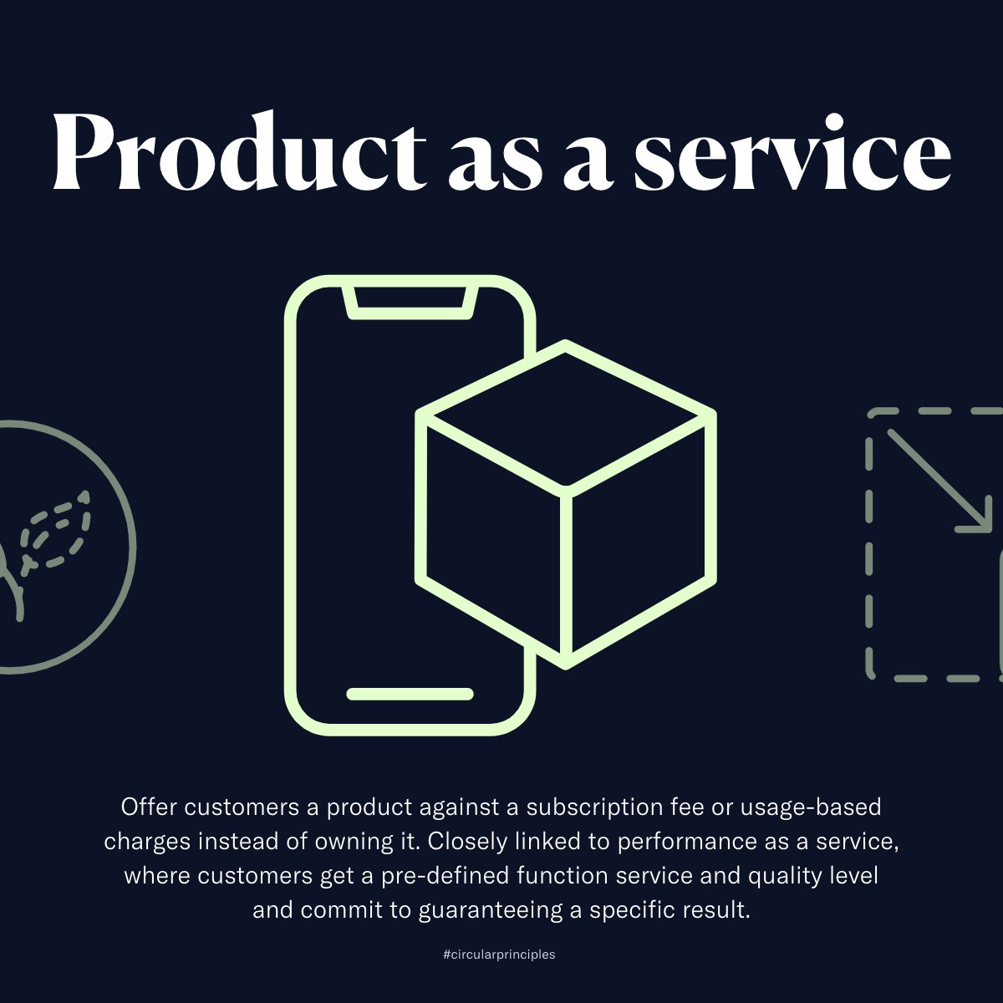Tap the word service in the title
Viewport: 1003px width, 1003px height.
point(792,150)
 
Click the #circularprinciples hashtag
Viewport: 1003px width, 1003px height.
point(499,955)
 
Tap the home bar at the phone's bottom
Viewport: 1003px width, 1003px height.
point(410,694)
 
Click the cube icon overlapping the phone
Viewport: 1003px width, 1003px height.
point(566,501)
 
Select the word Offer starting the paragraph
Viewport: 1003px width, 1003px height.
point(149,807)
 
